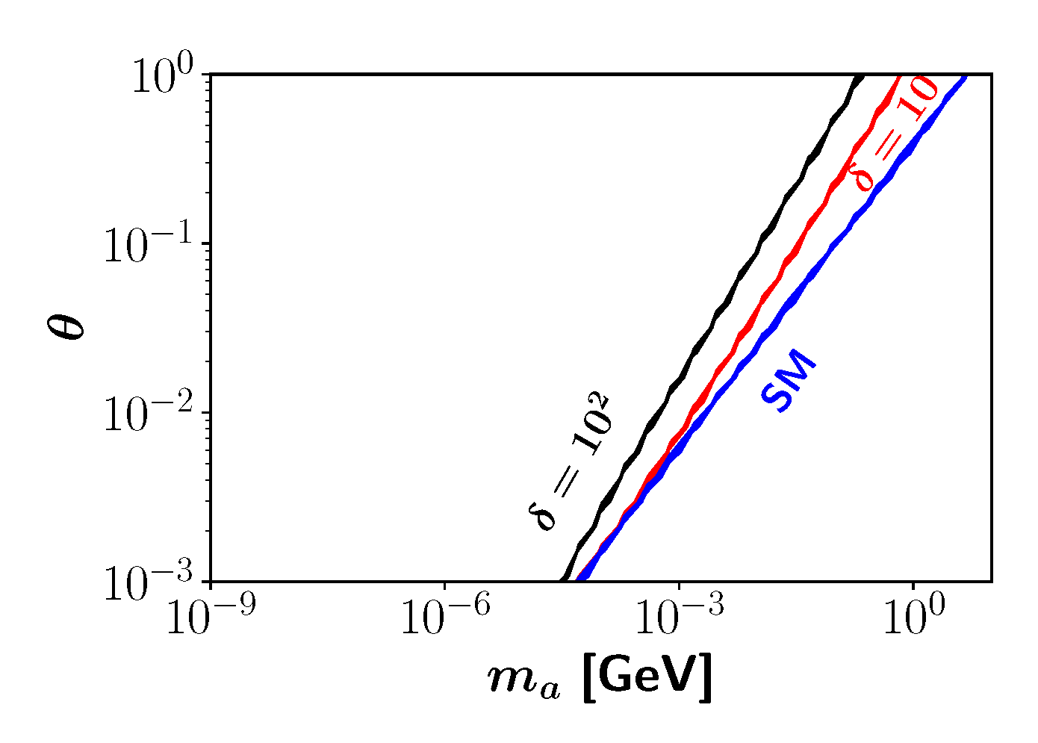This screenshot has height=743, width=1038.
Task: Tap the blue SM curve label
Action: click(789, 385)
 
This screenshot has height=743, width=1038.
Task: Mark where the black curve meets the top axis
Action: click(859, 75)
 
